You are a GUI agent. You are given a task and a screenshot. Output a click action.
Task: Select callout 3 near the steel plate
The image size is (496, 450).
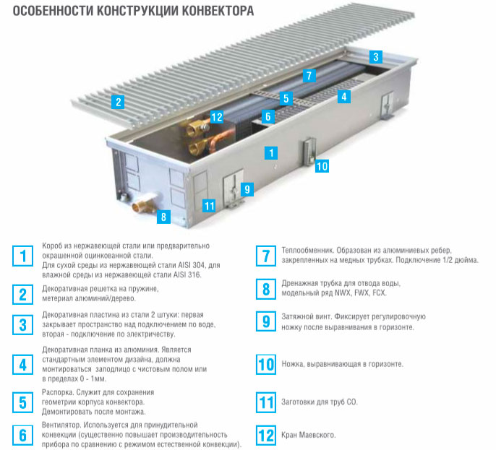point(375,56)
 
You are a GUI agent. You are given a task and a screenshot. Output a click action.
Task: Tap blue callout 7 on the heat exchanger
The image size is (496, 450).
point(308,75)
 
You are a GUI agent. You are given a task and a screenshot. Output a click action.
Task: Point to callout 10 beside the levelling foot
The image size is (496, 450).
point(322,166)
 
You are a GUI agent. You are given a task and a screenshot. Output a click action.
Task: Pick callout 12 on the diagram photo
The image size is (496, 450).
point(217,116)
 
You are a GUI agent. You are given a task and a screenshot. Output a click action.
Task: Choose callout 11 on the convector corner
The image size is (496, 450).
point(209,205)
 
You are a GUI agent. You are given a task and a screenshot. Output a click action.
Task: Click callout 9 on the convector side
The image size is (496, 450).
point(247,189)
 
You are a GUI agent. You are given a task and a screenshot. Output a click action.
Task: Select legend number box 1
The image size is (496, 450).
point(23,256)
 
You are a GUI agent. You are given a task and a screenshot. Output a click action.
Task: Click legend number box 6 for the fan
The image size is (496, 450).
point(23,434)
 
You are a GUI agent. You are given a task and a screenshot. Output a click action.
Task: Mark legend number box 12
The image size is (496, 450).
point(266,435)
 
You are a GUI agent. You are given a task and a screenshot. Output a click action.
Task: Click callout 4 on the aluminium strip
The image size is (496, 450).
point(344,96)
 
